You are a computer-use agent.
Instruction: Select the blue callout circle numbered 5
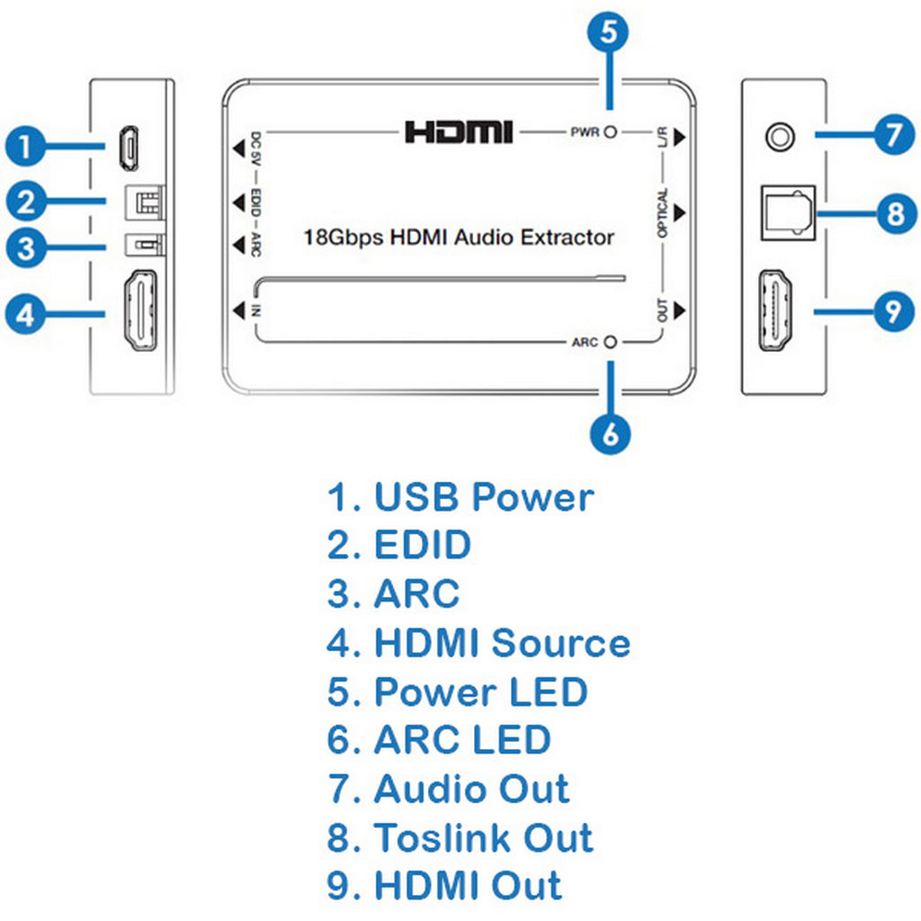[x=609, y=32]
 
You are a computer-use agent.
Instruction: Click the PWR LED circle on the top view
[x=611, y=133]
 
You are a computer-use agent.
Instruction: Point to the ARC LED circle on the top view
[x=611, y=342]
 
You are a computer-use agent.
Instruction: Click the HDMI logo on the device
[x=459, y=132]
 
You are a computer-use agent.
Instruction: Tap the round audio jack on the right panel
[x=779, y=136]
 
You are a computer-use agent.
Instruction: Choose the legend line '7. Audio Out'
[x=448, y=789]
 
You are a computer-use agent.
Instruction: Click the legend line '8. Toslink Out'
[x=460, y=837]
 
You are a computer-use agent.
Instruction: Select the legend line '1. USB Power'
[x=460, y=497]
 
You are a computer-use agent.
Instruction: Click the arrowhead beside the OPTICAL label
[x=680, y=212]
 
